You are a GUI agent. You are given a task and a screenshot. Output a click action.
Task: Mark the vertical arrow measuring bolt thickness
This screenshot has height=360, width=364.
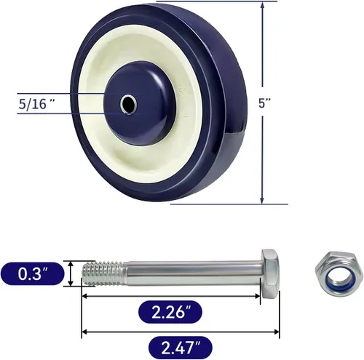click(71, 274)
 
